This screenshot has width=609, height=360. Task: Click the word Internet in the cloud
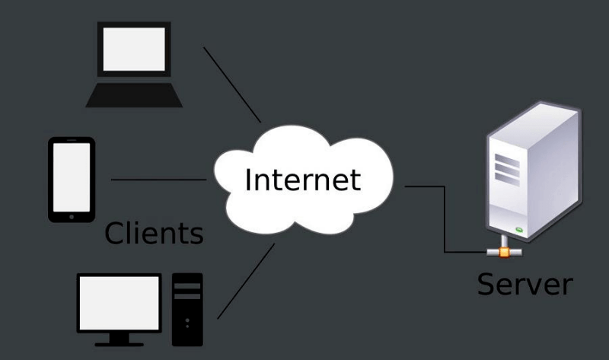(302, 180)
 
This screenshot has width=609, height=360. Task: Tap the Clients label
(154, 232)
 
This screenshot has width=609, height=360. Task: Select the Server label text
(525, 284)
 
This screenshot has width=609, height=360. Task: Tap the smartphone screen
(72, 174)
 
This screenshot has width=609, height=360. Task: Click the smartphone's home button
(72, 215)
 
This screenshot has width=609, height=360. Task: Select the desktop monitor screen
(120, 301)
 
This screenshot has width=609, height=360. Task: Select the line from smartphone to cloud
(159, 180)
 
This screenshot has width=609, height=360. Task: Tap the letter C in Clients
(115, 232)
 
